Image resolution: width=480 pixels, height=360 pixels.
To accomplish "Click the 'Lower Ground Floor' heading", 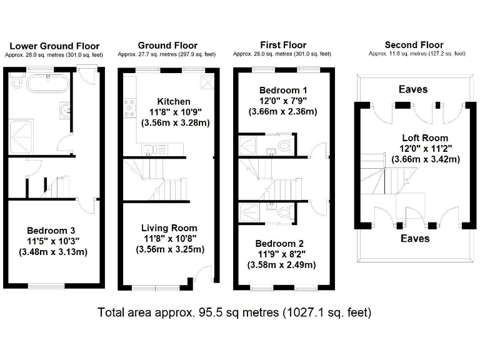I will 54,46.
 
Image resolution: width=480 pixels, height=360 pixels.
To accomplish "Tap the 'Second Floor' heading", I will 414,44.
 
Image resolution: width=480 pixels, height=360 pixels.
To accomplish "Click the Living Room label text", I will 169,227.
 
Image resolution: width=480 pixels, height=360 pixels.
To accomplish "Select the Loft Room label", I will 425,137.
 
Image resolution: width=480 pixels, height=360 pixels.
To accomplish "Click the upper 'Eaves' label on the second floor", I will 413,89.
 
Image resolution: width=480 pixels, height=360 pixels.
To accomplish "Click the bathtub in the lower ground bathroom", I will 42,82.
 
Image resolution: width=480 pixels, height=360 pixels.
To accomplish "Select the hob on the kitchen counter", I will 131,109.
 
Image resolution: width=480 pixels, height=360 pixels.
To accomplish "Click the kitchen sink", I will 149,148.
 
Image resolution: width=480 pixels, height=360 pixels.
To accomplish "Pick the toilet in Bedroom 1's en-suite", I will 284,146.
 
